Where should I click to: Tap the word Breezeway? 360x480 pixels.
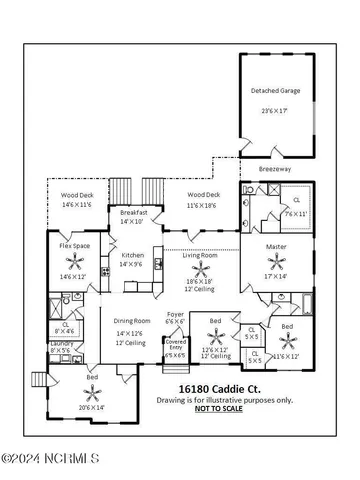pyautogui.click(x=277, y=169)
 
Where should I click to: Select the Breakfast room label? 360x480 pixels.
pyautogui.click(x=134, y=212)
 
